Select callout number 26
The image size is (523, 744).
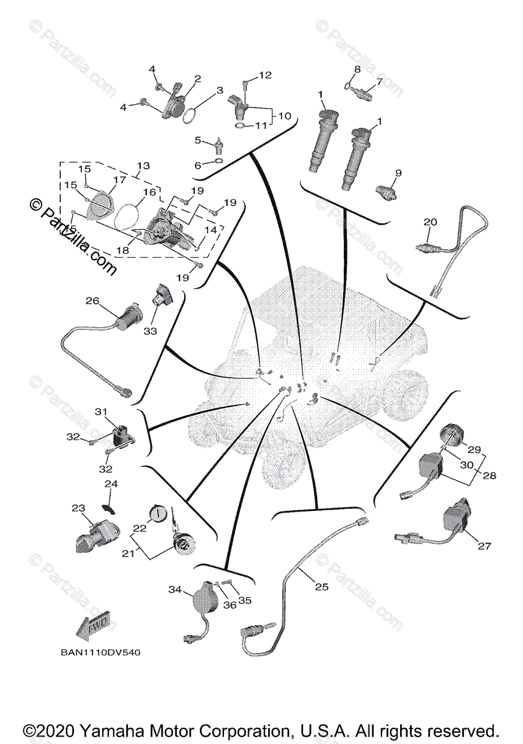point(92,301)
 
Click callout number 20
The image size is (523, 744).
point(431,222)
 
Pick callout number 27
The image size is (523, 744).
point(485,546)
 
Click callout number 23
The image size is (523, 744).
point(78,508)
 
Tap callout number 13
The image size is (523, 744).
point(143,166)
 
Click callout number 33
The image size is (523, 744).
point(151,332)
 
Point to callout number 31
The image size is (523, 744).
point(101,412)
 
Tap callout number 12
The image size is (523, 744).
point(265,76)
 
